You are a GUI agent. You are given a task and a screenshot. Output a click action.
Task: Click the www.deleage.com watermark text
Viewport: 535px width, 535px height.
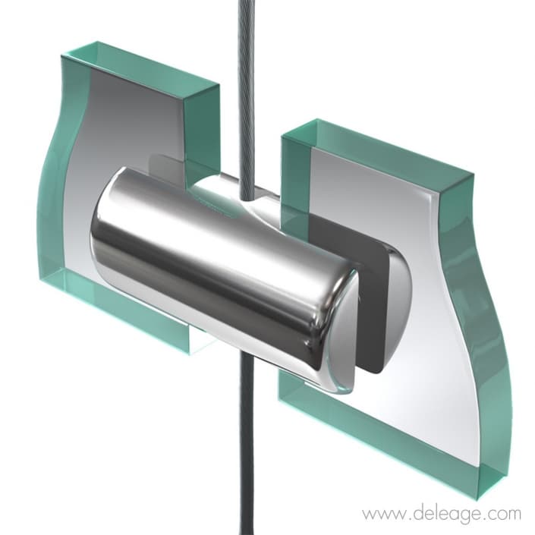442,514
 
